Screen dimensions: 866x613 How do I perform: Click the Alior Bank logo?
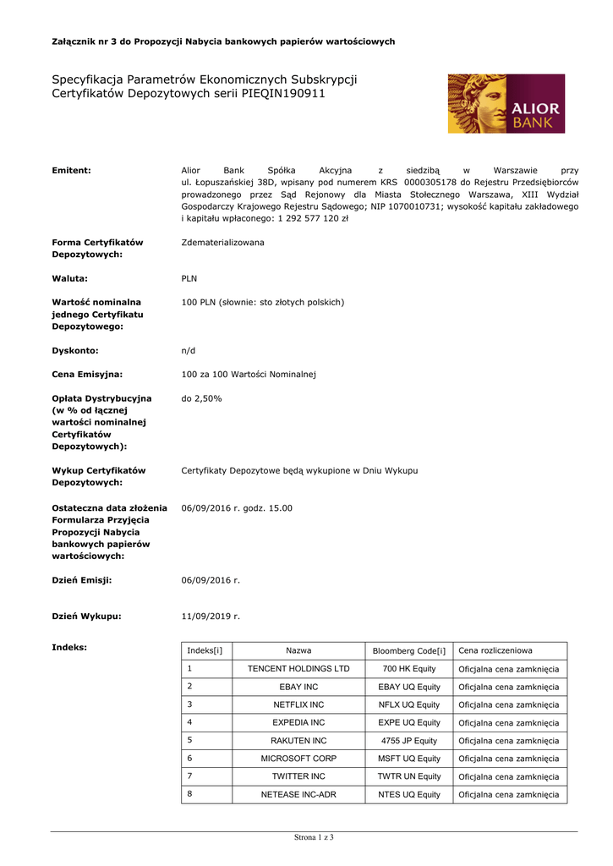pos(506,103)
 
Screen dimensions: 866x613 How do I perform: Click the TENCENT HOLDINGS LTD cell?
pos(298,669)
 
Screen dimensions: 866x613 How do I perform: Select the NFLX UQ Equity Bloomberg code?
pos(408,704)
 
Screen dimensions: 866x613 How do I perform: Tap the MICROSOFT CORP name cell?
pos(298,759)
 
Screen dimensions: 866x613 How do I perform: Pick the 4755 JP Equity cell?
pos(408,741)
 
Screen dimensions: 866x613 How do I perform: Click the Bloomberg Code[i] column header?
pos(408,650)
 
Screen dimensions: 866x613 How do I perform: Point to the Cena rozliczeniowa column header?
pos(495,650)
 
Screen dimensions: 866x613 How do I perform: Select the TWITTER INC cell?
pos(298,776)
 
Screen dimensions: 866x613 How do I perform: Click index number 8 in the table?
pos(190,793)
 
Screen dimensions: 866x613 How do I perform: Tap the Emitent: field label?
pos(72,171)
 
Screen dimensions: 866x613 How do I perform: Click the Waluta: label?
pos(70,277)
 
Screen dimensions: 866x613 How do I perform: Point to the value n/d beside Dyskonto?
pos(189,349)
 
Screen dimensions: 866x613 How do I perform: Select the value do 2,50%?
pos(202,397)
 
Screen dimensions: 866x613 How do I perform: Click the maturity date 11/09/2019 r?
pos(211,617)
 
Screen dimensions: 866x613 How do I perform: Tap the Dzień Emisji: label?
pos(82,580)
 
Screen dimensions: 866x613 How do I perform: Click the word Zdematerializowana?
pos(222,243)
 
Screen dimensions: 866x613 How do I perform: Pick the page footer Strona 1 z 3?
pos(314,837)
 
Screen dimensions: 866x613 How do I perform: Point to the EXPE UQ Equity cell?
pos(408,723)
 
